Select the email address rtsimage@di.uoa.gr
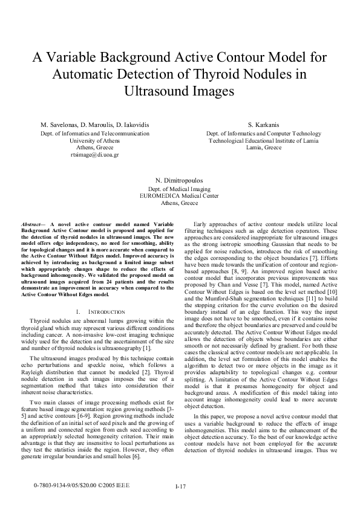[94, 154]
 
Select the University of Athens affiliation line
[94, 140]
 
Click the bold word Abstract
[31, 224]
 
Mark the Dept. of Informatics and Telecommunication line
[94, 133]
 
